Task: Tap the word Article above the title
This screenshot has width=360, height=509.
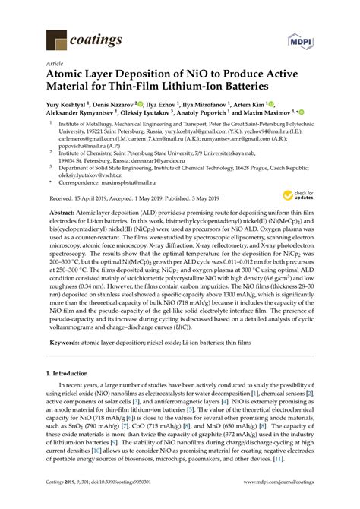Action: (55, 65)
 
